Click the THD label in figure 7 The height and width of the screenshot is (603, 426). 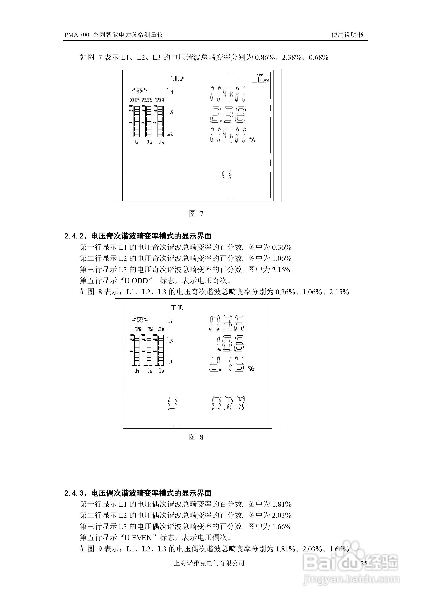pos(178,78)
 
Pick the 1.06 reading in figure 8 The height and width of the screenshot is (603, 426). pos(230,343)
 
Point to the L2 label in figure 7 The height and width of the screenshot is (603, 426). pos(170,112)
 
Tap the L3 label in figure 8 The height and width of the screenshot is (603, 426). pos(170,362)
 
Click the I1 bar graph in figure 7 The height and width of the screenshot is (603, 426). pos(136,121)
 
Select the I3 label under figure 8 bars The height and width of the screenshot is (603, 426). pos(161,371)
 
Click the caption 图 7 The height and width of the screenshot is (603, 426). pos(196,214)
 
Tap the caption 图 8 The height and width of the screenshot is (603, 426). pos(196,437)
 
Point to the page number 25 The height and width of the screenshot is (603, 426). pos(364,563)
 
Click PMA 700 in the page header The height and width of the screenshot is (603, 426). pos(77,35)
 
